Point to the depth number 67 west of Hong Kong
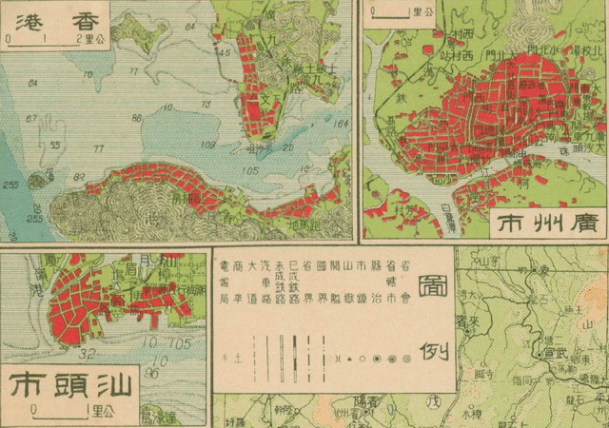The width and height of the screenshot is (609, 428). (x=30, y=118)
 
